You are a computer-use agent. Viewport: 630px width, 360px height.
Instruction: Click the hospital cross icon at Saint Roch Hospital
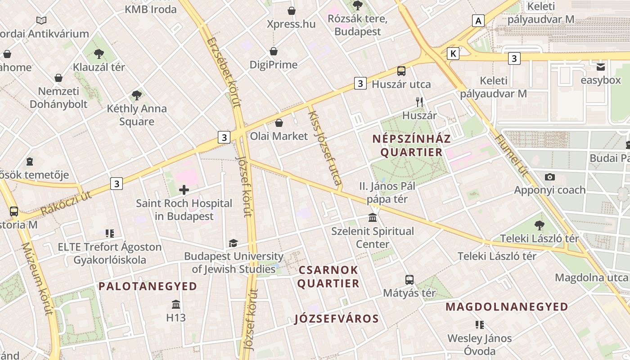pyautogui.click(x=184, y=190)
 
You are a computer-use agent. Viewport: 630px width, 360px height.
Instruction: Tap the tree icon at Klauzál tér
pyautogui.click(x=99, y=54)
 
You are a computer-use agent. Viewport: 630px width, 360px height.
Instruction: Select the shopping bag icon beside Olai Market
pyautogui.click(x=279, y=123)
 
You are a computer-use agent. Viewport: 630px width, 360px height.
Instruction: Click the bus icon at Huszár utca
pyautogui.click(x=401, y=71)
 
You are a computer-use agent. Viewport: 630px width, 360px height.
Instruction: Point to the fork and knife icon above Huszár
pyautogui.click(x=419, y=102)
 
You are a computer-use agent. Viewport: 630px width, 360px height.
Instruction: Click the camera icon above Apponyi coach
pyautogui.click(x=549, y=177)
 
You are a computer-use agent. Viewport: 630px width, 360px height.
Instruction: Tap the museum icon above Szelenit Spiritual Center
pyautogui.click(x=373, y=218)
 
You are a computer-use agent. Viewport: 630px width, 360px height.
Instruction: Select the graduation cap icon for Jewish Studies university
pyautogui.click(x=233, y=243)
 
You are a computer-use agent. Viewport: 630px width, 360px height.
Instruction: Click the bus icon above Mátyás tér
pyautogui.click(x=409, y=279)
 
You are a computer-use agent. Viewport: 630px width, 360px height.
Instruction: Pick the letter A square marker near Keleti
pyautogui.click(x=478, y=20)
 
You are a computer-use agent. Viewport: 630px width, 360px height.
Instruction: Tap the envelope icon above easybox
pyautogui.click(x=601, y=67)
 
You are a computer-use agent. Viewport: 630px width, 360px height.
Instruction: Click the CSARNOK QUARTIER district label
pyautogui.click(x=328, y=277)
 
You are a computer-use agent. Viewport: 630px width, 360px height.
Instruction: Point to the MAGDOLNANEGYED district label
pyautogui.click(x=507, y=307)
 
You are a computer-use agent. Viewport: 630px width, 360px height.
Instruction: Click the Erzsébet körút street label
pyautogui.click(x=224, y=72)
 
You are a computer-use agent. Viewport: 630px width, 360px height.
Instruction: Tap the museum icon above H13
pyautogui.click(x=176, y=304)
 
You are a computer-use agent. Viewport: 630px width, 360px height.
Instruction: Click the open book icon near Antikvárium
pyautogui.click(x=41, y=20)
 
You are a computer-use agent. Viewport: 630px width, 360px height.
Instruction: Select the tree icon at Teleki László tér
pyautogui.click(x=539, y=225)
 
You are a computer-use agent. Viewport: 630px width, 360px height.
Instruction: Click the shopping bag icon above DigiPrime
pyautogui.click(x=274, y=51)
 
